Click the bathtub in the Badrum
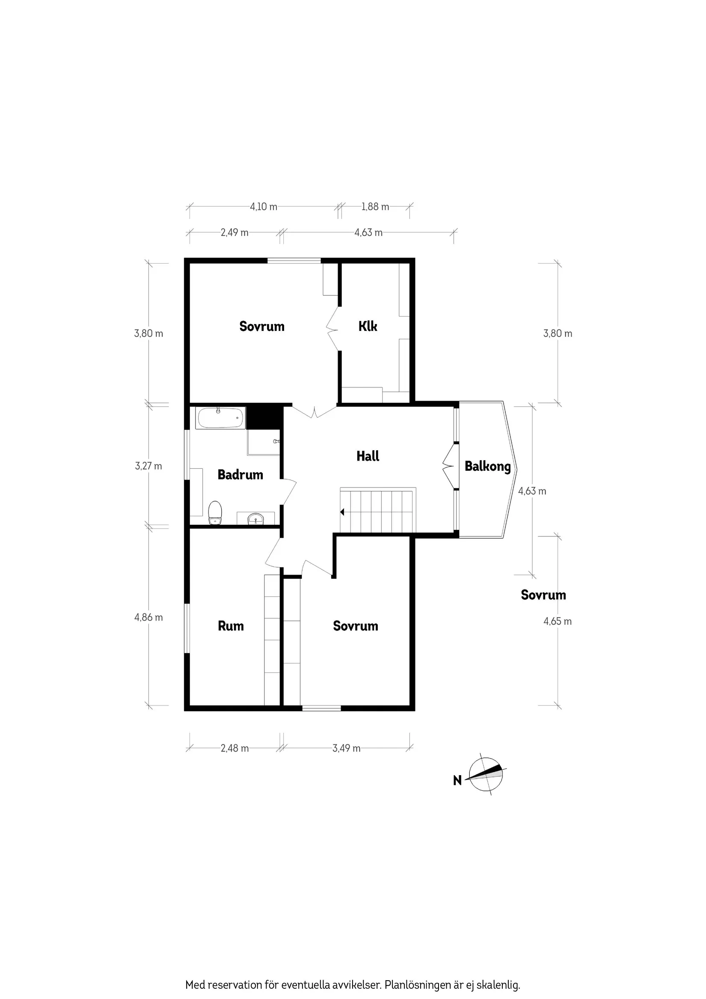[220, 418]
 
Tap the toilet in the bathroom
[215, 513]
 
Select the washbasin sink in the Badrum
[255, 519]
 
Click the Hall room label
[368, 456]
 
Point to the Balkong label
[488, 467]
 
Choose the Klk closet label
[368, 326]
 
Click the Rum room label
[231, 626]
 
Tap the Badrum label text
[240, 474]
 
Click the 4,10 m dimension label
[263, 207]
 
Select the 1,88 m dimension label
[375, 207]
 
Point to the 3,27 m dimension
[148, 466]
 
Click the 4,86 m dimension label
[148, 617]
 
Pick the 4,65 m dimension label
[557, 621]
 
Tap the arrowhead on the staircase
[342, 512]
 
